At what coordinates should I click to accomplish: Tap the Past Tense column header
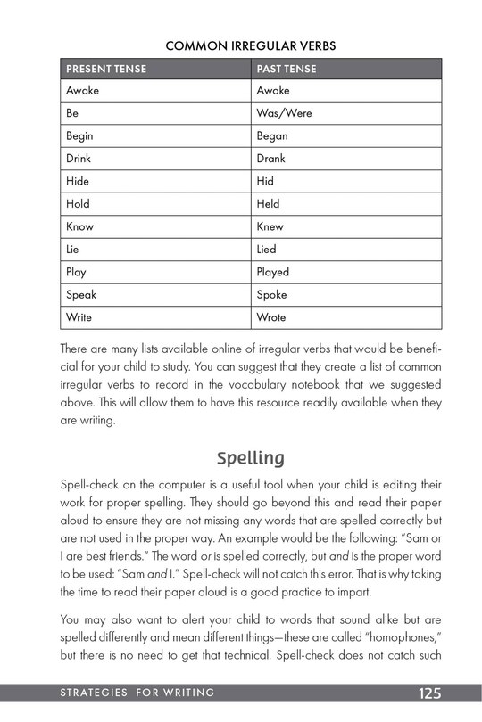(x=286, y=69)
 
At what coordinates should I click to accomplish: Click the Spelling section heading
(x=251, y=458)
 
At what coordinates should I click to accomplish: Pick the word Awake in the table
(x=83, y=91)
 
